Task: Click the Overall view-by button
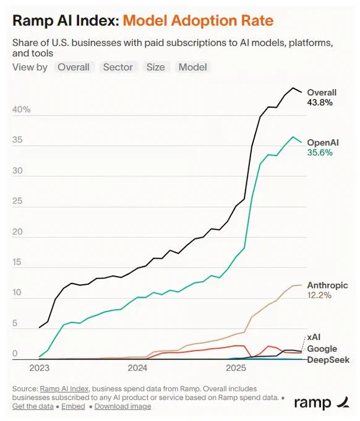(x=74, y=67)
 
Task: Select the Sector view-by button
(x=118, y=67)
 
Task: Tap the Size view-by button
(x=156, y=67)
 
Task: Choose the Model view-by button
(x=193, y=67)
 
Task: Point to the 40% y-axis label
(x=21, y=110)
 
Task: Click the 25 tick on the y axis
(x=17, y=201)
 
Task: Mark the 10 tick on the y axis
(x=17, y=293)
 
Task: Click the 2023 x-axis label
(x=40, y=368)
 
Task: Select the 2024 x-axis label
(x=137, y=368)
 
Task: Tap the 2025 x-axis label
(x=236, y=368)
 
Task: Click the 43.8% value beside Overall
(x=320, y=103)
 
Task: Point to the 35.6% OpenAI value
(x=320, y=152)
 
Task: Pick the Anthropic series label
(x=328, y=285)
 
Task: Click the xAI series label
(x=314, y=337)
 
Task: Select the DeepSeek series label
(x=328, y=360)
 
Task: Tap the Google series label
(x=322, y=349)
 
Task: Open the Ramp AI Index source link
(x=64, y=389)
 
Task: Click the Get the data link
(x=33, y=406)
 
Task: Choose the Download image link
(x=123, y=406)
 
